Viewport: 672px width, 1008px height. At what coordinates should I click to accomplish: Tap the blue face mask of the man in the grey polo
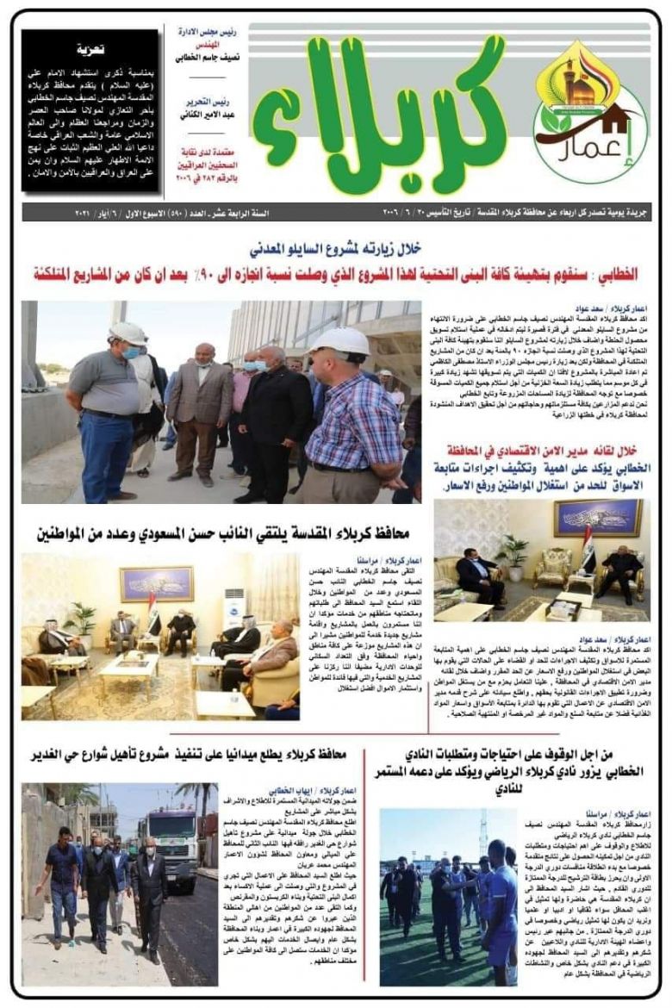coord(130,352)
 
